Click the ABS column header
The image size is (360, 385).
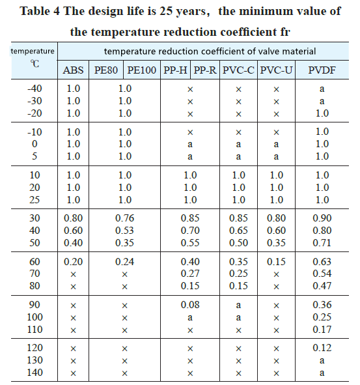[73, 70]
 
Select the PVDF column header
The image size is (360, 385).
[322, 70]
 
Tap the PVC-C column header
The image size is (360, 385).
[238, 70]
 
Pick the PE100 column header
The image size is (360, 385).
[142, 70]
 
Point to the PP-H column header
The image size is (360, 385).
[175, 70]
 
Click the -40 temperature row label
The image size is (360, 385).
[35, 89]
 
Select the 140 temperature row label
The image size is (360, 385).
[35, 373]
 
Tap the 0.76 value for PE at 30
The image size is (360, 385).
[124, 218]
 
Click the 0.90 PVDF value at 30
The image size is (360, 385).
[322, 218]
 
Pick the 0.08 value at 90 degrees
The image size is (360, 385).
[190, 305]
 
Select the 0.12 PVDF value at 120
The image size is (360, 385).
[322, 348]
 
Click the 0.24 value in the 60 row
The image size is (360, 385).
[124, 262]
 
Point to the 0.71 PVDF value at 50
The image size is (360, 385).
[322, 243]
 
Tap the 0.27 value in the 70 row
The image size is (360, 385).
[190, 274]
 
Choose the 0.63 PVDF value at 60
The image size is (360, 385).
[322, 262]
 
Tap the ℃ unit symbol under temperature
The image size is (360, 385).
[35, 64]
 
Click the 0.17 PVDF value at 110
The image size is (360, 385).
[322, 330]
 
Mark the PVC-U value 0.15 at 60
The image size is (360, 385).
[276, 262]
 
